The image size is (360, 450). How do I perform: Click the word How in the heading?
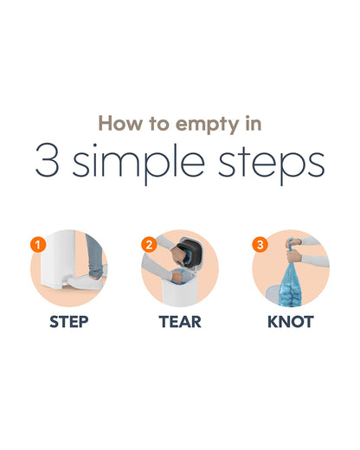[x=120, y=123]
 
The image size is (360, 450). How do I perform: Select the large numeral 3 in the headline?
[x=48, y=159]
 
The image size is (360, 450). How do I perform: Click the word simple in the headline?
[x=138, y=162]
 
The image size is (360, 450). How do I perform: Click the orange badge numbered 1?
[x=38, y=245]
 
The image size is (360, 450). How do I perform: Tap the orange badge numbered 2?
[x=149, y=245]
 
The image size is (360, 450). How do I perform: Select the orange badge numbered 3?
[x=260, y=245]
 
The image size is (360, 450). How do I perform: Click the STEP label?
[x=69, y=322]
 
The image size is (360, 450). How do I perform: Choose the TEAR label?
[x=180, y=322]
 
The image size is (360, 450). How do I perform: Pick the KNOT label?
[x=291, y=322]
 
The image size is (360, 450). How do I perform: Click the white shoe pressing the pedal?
[x=86, y=282]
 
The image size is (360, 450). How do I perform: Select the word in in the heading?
[x=254, y=123]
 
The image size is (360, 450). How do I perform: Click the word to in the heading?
[x=159, y=124]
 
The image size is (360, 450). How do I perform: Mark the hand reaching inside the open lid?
[x=177, y=255]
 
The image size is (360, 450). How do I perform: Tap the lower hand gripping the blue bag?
[x=294, y=256]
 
